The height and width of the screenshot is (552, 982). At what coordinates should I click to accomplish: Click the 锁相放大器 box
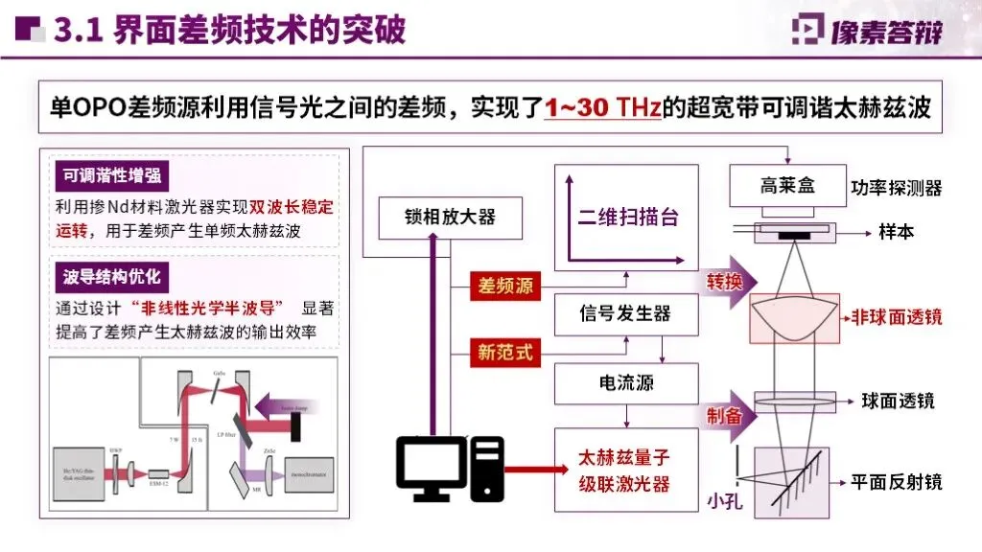coord(450,217)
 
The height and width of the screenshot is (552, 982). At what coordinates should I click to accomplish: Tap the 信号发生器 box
coord(625,313)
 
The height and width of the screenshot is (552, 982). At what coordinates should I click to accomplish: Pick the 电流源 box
coord(625,383)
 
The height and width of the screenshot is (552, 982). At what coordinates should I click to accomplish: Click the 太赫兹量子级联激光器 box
coord(625,471)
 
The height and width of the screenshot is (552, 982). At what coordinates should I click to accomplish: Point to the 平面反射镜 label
coord(897,481)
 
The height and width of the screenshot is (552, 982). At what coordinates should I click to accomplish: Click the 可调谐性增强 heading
coord(111,175)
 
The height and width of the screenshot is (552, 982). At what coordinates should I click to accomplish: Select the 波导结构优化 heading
coord(111,277)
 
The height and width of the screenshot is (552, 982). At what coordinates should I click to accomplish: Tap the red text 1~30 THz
coord(602,106)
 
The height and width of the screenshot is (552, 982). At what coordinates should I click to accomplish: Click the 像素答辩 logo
coord(867,30)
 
